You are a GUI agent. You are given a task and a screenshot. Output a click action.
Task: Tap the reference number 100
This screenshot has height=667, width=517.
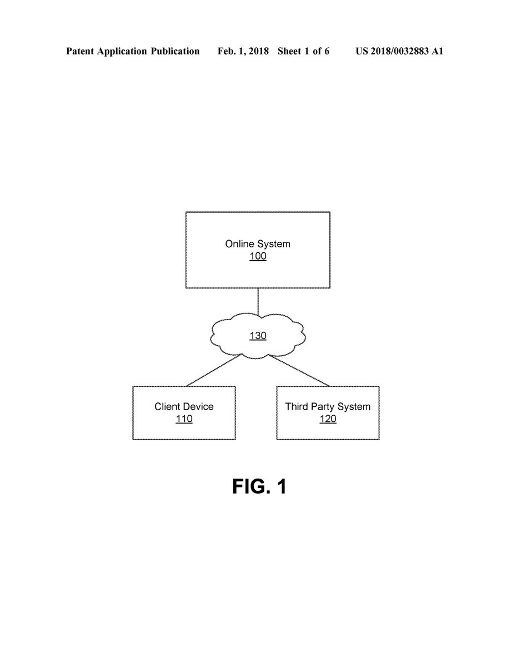coord(258,256)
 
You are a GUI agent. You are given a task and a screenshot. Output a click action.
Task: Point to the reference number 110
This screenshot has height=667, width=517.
coord(184,419)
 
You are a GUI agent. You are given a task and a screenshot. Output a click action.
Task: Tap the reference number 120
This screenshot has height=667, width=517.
coord(328,419)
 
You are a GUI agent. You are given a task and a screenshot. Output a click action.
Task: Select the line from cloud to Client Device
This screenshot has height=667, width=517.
coord(213,370)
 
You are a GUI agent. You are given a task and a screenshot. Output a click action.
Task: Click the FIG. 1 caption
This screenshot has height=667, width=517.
coord(259,486)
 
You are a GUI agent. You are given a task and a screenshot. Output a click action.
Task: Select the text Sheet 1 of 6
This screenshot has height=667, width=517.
coord(303,51)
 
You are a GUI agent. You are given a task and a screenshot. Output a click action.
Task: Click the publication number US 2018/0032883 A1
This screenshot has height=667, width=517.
coord(399,51)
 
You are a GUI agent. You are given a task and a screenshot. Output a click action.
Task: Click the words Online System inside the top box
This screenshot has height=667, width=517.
coord(258,244)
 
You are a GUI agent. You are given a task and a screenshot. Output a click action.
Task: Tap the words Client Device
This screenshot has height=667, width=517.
coord(184,407)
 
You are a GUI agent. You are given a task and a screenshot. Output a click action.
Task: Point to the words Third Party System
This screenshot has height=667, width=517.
coord(328,407)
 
